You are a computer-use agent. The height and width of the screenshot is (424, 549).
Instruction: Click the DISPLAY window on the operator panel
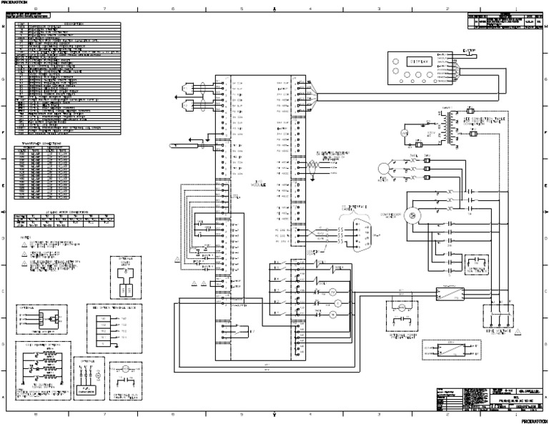[x=408, y=63]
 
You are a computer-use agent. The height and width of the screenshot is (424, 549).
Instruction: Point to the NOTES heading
[x=26, y=236]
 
